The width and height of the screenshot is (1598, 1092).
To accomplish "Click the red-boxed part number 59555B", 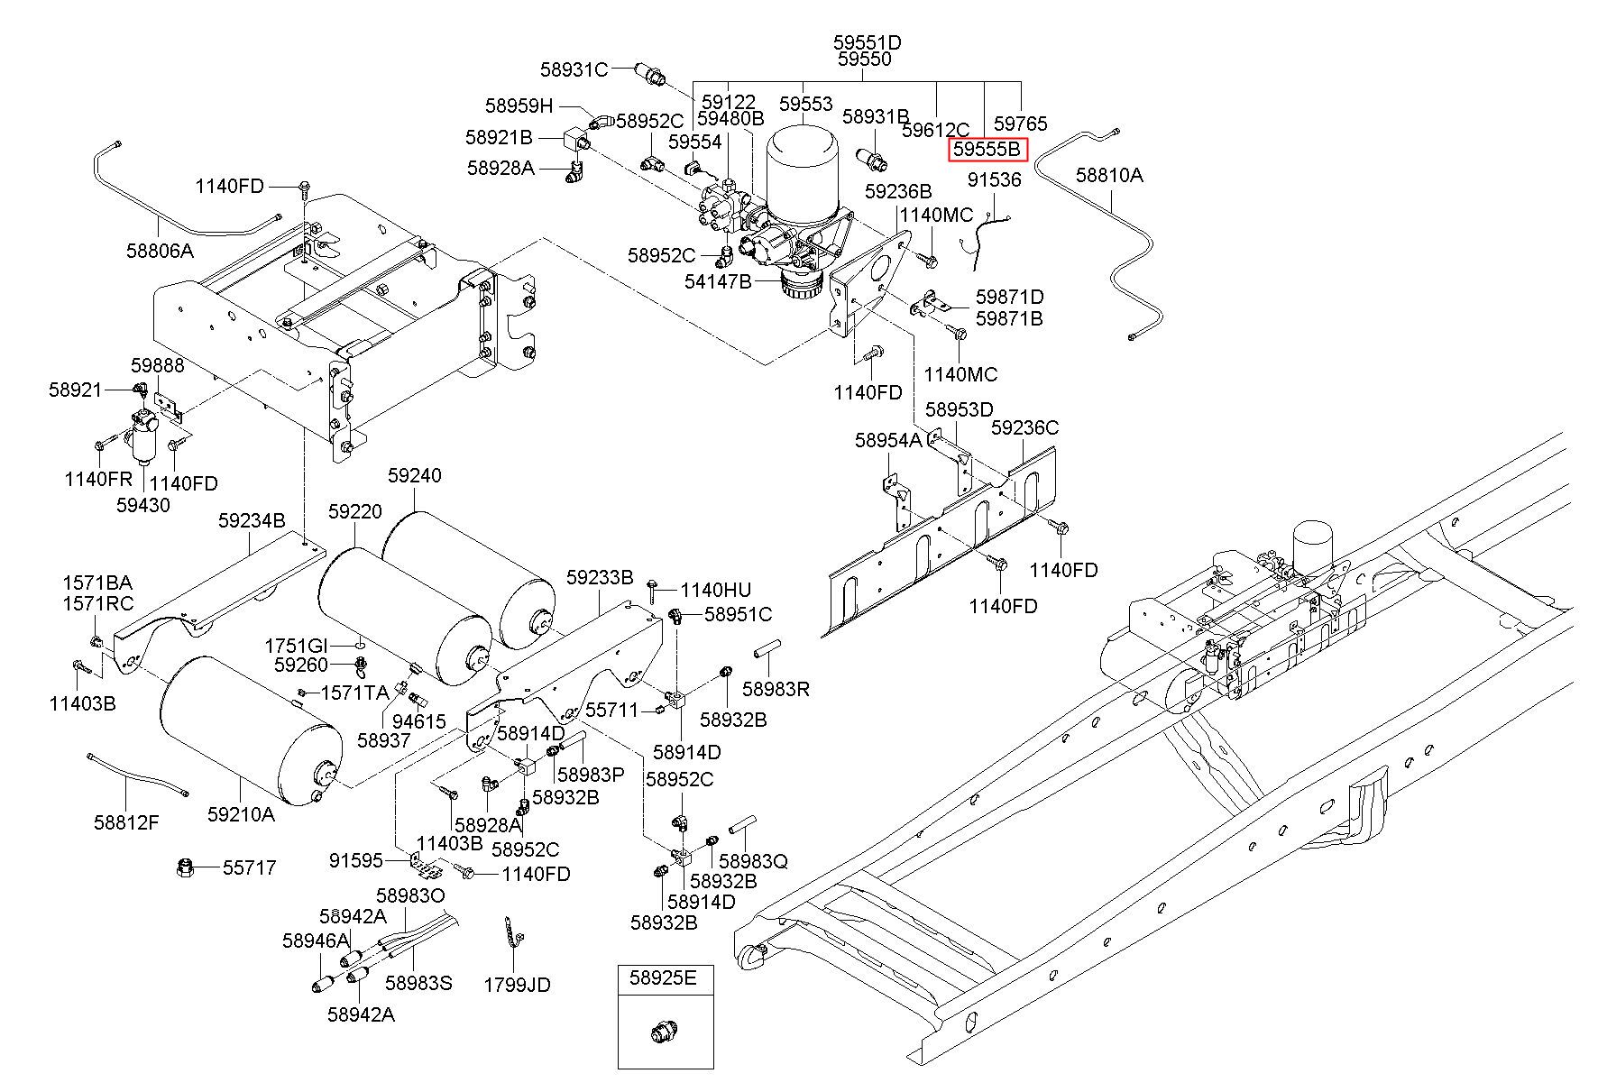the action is tap(987, 150).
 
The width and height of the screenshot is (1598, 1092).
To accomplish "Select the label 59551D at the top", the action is tap(867, 42).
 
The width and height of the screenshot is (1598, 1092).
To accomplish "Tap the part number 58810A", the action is tap(1109, 175).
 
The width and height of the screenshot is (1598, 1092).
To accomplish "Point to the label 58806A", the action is tap(160, 251).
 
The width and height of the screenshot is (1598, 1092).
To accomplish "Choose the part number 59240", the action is tap(415, 475).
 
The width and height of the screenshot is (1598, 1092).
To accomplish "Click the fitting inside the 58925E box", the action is tap(666, 1032).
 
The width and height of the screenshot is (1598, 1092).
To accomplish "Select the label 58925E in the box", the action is tap(664, 978).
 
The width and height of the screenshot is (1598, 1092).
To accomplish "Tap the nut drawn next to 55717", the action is tap(186, 868).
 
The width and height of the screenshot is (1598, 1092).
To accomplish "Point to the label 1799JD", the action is tap(517, 985).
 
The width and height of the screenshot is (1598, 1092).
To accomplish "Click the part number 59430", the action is tap(142, 505).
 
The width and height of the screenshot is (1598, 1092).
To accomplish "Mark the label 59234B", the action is tap(252, 520).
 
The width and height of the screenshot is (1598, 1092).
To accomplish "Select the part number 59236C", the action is tap(1025, 427).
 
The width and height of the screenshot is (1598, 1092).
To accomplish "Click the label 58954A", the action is tap(888, 440).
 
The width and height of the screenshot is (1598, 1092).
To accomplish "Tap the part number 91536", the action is tap(995, 179).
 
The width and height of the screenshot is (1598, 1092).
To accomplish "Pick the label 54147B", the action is tap(718, 281).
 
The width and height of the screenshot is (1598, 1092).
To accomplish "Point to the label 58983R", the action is tap(776, 689).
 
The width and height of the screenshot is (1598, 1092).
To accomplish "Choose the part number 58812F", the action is tap(126, 821).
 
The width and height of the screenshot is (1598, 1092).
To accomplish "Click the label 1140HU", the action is tap(715, 591).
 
